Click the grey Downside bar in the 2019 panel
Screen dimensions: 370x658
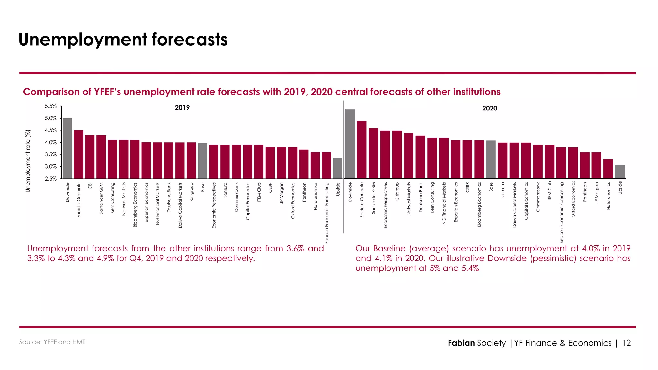pos(67,148)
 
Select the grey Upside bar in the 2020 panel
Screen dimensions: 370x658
pos(620,172)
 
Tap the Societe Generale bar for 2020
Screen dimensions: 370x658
pos(361,150)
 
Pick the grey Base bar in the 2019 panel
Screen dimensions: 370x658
pos(202,161)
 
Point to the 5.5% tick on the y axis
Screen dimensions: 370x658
pos(51,106)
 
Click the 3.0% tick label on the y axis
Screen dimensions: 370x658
pos(51,167)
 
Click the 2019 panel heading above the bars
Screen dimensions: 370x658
pos(182,108)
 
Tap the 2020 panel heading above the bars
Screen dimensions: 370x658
pos(490,109)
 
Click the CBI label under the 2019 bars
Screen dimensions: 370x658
pos(90,186)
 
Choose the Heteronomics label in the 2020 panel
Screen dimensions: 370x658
pos(608,196)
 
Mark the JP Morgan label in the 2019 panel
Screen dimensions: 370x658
pos(281,193)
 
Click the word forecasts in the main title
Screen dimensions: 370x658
pos(190,40)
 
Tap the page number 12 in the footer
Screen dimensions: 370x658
pos(627,343)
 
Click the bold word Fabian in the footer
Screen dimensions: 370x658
pos(461,343)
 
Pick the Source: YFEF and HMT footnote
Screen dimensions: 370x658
pos(52,342)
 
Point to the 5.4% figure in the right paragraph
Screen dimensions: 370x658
pos(470,268)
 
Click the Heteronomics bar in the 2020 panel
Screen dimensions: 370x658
pos(608,169)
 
